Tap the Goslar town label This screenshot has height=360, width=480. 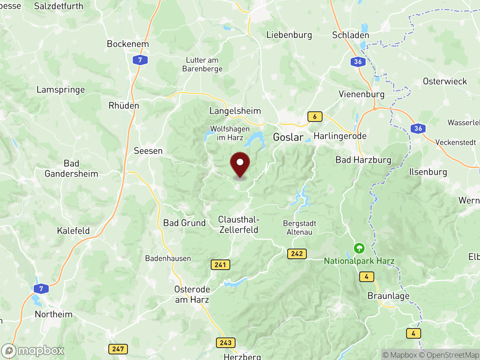[288, 137]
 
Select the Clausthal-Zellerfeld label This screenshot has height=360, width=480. [239, 225]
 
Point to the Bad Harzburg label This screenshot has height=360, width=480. [363, 160]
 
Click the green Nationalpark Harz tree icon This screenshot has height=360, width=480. [359, 248]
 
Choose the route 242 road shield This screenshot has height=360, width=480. [297, 254]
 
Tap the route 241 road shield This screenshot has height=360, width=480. [220, 265]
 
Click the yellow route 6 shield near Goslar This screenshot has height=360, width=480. [315, 117]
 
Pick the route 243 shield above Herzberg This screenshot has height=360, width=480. [225, 343]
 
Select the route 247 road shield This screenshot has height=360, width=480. [118, 349]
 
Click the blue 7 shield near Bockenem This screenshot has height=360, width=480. [140, 60]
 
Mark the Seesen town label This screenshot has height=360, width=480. [148, 151]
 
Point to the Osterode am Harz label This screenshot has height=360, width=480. [192, 294]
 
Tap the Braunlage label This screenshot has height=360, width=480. [388, 296]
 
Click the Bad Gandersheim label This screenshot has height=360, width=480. [71, 169]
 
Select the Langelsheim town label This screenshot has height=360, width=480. [235, 111]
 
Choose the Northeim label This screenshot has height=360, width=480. [54, 314]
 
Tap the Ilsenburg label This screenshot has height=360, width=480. [428, 172]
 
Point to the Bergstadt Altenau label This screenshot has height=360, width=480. [299, 228]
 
